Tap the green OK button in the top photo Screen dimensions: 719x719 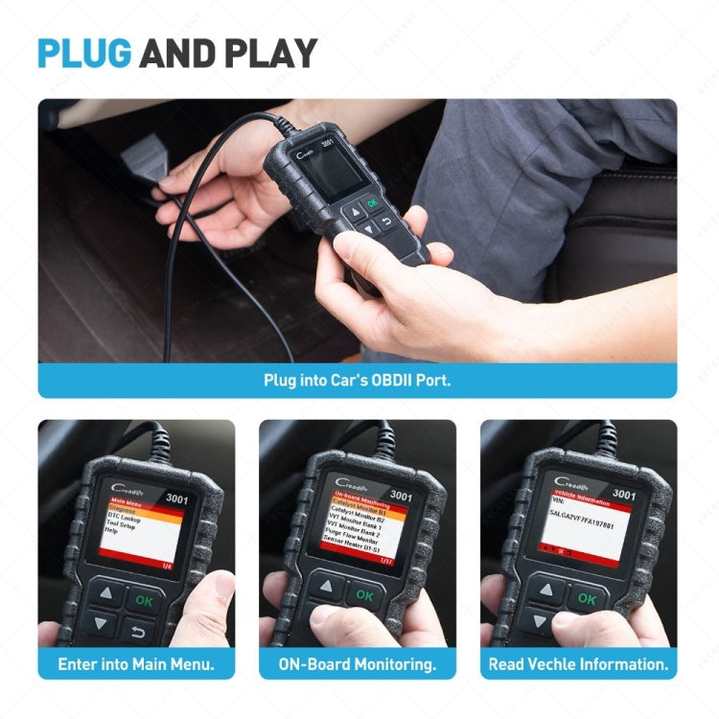(371, 204)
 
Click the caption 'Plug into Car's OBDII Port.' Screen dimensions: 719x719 (357, 380)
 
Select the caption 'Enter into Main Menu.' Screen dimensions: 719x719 (136, 662)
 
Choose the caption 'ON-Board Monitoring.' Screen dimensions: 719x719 (357, 662)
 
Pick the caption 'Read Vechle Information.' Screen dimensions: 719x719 (578, 662)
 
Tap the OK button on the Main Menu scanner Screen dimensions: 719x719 (144, 600)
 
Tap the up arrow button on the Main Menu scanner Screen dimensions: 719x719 (105, 594)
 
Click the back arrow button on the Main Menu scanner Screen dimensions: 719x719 (138, 631)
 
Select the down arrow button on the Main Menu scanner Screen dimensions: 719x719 (100, 624)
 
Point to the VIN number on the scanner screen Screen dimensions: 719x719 (587, 515)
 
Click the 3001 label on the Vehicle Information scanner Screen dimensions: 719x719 (623, 495)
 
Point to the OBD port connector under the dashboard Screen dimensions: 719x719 (144, 154)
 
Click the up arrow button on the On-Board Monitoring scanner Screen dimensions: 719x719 (328, 587)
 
